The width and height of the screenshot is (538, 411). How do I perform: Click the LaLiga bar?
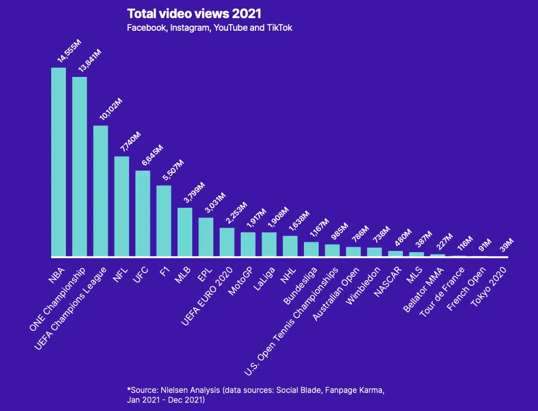click(x=269, y=245)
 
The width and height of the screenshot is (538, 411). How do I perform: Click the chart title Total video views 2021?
click(x=194, y=13)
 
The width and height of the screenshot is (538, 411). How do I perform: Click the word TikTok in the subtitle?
click(x=279, y=27)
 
